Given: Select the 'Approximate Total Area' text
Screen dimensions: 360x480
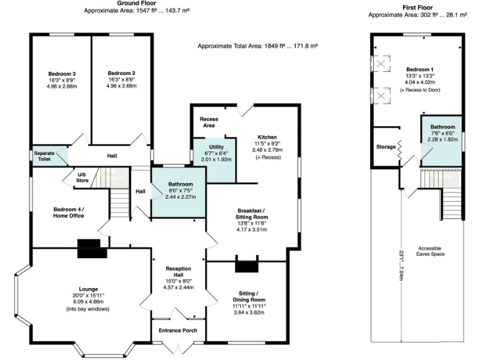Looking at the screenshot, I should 257,46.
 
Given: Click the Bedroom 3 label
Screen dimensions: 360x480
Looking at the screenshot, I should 61,74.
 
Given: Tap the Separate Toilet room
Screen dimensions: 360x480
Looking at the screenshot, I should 50,156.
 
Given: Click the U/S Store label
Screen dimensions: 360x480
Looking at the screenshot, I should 81,177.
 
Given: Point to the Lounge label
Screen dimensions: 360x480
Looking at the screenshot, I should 88,289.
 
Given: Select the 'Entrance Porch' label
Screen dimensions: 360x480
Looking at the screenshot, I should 179,331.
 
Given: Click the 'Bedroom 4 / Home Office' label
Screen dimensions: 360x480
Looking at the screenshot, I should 69,212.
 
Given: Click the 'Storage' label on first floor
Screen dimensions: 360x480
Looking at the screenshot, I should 385,147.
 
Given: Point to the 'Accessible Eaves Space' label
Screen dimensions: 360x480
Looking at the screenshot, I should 431,251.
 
